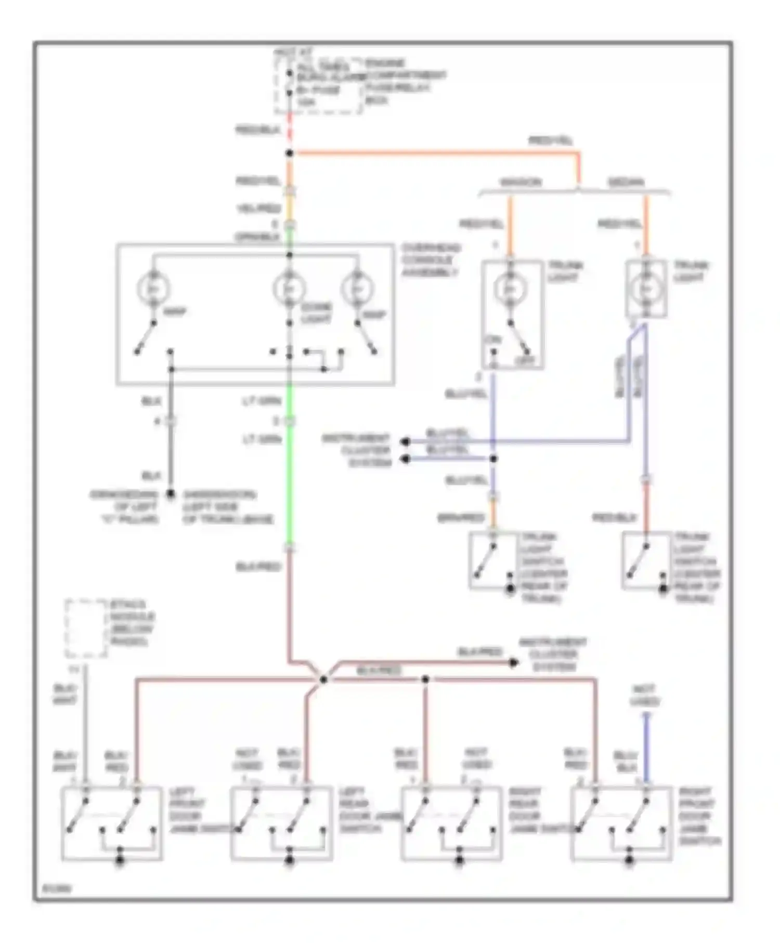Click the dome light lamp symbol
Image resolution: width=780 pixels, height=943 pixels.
coord(290,289)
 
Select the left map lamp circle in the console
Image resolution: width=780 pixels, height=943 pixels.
coord(154,289)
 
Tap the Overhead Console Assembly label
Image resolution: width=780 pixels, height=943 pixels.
coord(431,260)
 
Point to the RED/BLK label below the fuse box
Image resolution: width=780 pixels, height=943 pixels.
coord(258,130)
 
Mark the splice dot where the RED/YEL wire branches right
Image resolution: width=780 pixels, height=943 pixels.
coord(290,153)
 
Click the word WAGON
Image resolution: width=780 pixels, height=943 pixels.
coord(520,182)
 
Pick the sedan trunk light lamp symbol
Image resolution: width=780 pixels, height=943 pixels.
coord(646,289)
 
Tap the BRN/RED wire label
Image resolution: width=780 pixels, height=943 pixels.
coord(461,518)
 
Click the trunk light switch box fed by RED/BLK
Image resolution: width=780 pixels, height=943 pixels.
coord(646,560)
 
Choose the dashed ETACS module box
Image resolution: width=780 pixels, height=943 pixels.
coord(86,628)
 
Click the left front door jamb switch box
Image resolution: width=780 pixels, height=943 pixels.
coord(112,824)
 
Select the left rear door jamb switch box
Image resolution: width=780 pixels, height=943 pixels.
coord(281,824)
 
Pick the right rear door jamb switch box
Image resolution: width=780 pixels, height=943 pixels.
coord(451,824)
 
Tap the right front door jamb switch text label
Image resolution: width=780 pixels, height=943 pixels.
coord(699,816)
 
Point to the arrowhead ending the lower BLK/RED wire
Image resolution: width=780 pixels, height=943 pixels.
coord(514,663)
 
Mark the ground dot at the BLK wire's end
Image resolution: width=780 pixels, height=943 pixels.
coord(170,494)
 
